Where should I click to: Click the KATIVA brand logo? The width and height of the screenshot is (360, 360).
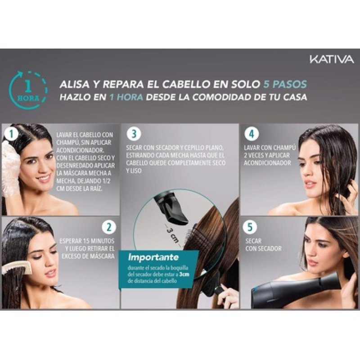point(331,59)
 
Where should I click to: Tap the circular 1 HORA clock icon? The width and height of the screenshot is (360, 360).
point(28,90)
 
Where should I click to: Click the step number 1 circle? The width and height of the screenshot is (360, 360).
point(9,134)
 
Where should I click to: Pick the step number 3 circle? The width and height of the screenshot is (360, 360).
point(134,134)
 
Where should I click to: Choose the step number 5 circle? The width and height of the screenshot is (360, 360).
point(251,226)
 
